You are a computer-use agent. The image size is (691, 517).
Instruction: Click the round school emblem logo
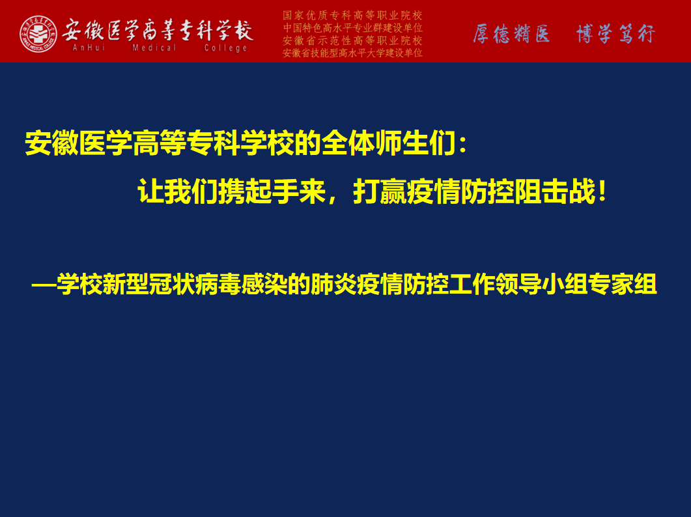[x=38, y=34]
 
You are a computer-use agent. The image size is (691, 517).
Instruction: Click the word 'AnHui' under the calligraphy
[x=89, y=48]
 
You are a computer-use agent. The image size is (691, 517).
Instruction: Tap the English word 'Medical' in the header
[x=154, y=48]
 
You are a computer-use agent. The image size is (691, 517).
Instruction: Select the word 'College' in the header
[x=225, y=48]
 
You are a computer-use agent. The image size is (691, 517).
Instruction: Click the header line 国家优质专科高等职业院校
[x=352, y=16]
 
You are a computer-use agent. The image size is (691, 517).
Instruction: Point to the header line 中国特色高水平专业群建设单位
[x=352, y=28]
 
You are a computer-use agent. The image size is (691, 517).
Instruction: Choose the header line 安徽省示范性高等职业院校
[x=352, y=40]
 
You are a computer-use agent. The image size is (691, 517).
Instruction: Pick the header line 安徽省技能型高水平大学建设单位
[x=352, y=53]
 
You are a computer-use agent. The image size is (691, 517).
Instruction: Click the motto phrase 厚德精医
[x=512, y=34]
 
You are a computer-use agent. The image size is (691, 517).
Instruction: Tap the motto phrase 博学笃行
[x=615, y=34]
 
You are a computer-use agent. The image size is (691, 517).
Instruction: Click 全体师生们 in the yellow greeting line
[x=388, y=143]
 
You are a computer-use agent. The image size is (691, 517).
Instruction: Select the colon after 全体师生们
[x=462, y=145]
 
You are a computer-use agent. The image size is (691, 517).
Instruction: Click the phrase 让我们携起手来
[x=231, y=191]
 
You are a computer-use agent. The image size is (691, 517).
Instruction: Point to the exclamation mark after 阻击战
[x=602, y=191]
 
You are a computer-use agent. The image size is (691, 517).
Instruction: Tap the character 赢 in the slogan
[x=393, y=191]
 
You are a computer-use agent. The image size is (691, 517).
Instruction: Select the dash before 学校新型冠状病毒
[x=44, y=285]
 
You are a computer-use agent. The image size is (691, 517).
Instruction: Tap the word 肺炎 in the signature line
[x=333, y=285]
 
